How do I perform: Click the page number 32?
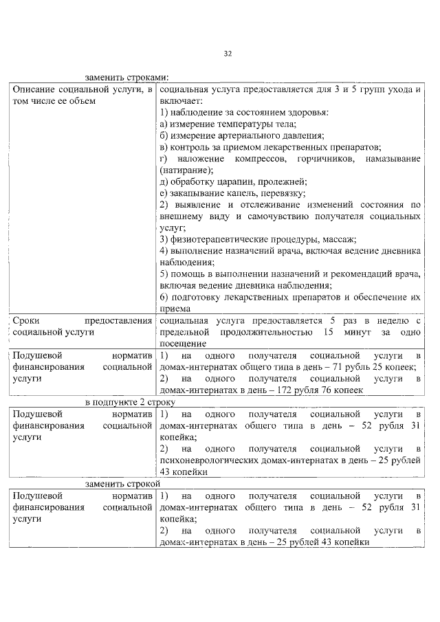228,54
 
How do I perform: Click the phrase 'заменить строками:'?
127,77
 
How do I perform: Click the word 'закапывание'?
196,194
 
